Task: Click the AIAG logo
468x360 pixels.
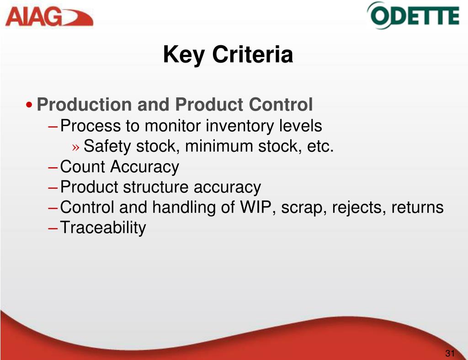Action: (x=49, y=17)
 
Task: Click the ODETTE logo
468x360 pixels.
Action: (x=413, y=16)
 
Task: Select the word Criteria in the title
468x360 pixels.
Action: (x=252, y=54)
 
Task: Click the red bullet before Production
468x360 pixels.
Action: (x=29, y=105)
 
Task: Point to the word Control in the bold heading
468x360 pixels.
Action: (x=281, y=105)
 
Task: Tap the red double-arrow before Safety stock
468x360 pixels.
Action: (x=76, y=147)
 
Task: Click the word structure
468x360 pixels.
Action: (x=155, y=187)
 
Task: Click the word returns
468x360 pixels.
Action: (x=417, y=207)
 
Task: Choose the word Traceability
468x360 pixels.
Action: (x=103, y=228)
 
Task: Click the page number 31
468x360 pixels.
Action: (x=450, y=353)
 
